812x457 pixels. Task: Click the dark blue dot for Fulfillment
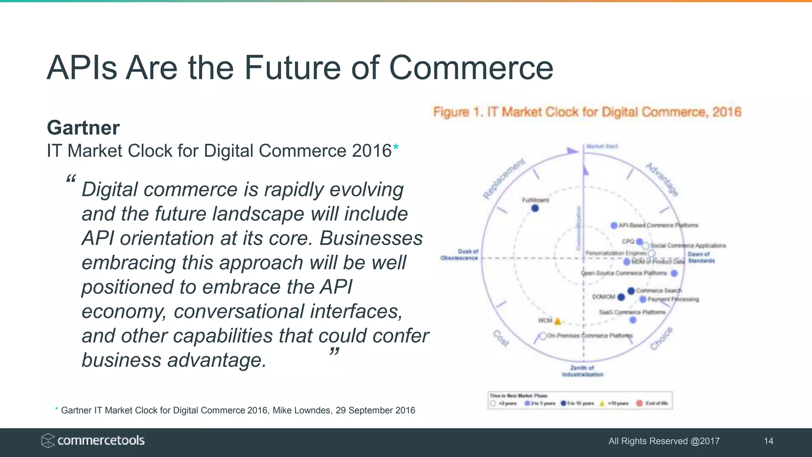[x=535, y=208]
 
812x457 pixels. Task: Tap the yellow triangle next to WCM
[x=557, y=321]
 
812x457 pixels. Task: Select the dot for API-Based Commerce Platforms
[x=614, y=225]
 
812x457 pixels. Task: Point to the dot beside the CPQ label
[x=639, y=242]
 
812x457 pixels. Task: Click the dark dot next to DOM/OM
[x=621, y=297]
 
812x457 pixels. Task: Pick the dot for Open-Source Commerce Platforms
[x=674, y=273]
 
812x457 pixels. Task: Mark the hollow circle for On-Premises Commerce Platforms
[x=543, y=336]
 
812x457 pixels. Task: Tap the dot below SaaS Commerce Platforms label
[x=633, y=320]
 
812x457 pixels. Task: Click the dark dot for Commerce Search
[x=631, y=291]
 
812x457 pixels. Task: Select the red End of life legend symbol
[x=639, y=403]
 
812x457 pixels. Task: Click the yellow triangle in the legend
[x=602, y=403]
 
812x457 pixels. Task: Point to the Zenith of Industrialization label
[x=582, y=371]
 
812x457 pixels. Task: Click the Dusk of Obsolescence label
[x=460, y=255]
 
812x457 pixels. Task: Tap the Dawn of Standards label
[x=701, y=257]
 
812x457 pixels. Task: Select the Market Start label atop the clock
[x=602, y=146]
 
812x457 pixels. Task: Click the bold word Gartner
[x=83, y=128]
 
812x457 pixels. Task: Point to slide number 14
[x=768, y=441]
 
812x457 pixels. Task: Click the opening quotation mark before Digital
[x=71, y=179]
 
